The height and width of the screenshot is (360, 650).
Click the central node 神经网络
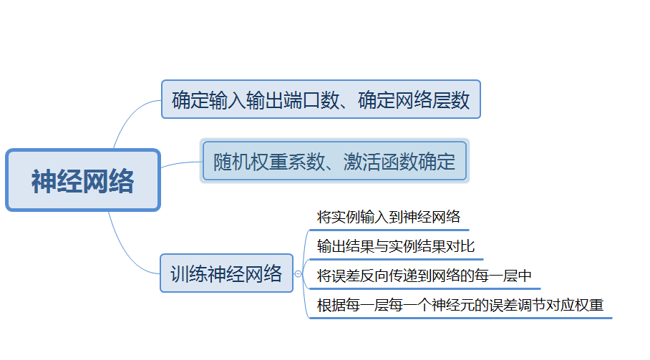(82, 180)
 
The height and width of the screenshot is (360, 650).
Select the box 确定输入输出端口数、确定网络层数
(321, 99)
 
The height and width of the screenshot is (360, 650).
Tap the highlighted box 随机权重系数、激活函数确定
(334, 161)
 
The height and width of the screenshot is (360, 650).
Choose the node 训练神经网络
(226, 273)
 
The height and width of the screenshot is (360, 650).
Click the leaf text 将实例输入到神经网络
(388, 217)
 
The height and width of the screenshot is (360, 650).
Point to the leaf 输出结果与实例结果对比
(396, 247)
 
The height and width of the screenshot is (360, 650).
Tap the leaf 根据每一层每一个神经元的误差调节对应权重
(460, 306)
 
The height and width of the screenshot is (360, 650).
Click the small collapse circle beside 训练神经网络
(299, 273)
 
